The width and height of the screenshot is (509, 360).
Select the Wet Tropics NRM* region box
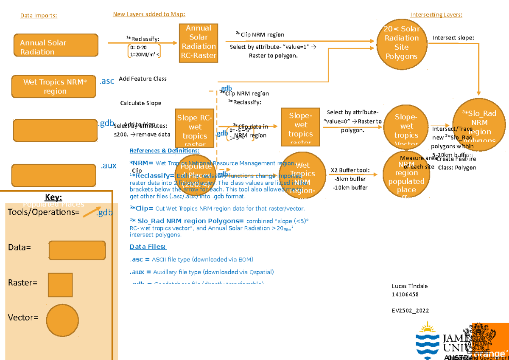tap(55, 86)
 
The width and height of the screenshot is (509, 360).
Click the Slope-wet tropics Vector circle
tap(406, 126)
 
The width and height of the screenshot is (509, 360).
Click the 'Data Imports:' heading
tap(39, 16)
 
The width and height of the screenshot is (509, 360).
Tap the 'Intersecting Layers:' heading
tap(436, 15)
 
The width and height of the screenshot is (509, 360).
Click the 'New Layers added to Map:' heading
tap(149, 14)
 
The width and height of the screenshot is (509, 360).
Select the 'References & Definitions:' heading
tap(164, 151)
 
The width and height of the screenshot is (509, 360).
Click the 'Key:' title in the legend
tap(53, 197)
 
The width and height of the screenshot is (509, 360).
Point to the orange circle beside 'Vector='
tap(63, 318)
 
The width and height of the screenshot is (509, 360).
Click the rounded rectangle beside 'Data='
tap(77, 250)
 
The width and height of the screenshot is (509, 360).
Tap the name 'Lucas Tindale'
tap(409, 286)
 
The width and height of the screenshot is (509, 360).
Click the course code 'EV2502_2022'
tap(410, 311)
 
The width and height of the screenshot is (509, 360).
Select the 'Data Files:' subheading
tap(148, 247)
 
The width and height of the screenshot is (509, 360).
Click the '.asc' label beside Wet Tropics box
tap(106, 81)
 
